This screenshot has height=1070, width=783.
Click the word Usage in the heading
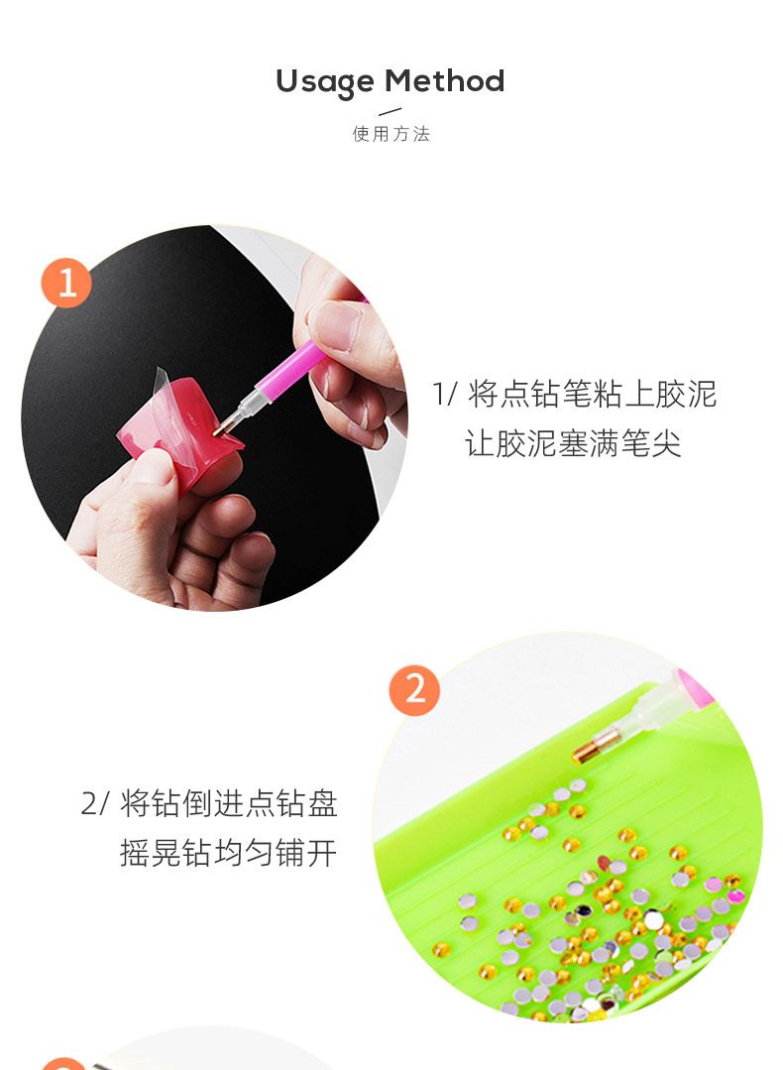[325, 82]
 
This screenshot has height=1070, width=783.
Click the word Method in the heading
[445, 80]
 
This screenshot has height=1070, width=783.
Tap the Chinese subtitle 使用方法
[391, 134]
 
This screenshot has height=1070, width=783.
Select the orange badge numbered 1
[66, 283]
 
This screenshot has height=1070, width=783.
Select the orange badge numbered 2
[414, 689]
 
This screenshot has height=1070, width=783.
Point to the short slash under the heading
[391, 111]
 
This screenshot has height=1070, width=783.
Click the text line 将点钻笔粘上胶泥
[592, 395]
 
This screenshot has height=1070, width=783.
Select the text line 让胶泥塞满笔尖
[573, 443]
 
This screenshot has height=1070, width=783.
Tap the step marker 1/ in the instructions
[445, 395]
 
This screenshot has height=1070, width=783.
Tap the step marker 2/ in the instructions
[95, 803]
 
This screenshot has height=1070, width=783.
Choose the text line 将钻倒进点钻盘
[229, 803]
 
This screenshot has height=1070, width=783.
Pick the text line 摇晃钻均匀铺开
[229, 852]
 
